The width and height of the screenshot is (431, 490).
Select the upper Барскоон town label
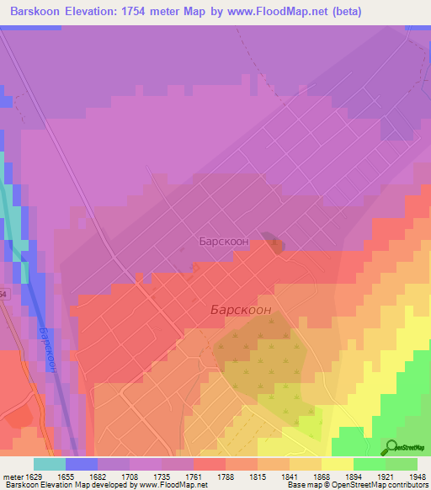pyautogui.click(x=223, y=241)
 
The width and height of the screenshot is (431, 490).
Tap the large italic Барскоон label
pyautogui.click(x=240, y=310)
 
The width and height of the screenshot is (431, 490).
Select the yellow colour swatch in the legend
pyautogui.click(x=337, y=464)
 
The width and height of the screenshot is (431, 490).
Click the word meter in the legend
pyautogui.click(x=12, y=476)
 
